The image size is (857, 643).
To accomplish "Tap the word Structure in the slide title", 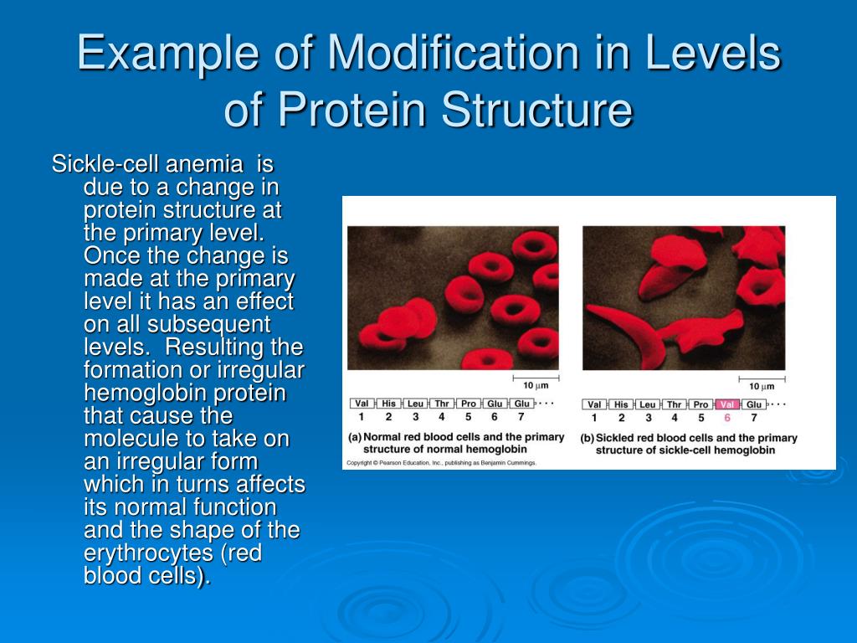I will click(537, 110).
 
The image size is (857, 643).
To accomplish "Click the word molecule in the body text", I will click(126, 439).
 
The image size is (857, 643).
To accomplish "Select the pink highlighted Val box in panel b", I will click(727, 404).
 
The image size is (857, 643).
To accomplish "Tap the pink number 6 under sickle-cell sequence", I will click(727, 418).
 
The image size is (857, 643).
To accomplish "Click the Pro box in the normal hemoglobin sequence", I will click(468, 404).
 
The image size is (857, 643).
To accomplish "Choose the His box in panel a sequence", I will click(388, 404).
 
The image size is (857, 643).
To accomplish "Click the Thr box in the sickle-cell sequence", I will click(674, 404).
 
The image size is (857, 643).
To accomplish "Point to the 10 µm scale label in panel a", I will click(536, 386).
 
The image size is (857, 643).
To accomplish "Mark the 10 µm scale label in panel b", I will click(761, 386).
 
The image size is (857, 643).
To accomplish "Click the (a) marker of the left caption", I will click(355, 437).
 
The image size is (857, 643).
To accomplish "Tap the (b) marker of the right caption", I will click(588, 438).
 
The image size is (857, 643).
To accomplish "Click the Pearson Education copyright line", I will click(442, 462).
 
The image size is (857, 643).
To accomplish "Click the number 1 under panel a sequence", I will click(361, 417).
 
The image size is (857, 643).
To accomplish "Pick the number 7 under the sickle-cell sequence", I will click(753, 418).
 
